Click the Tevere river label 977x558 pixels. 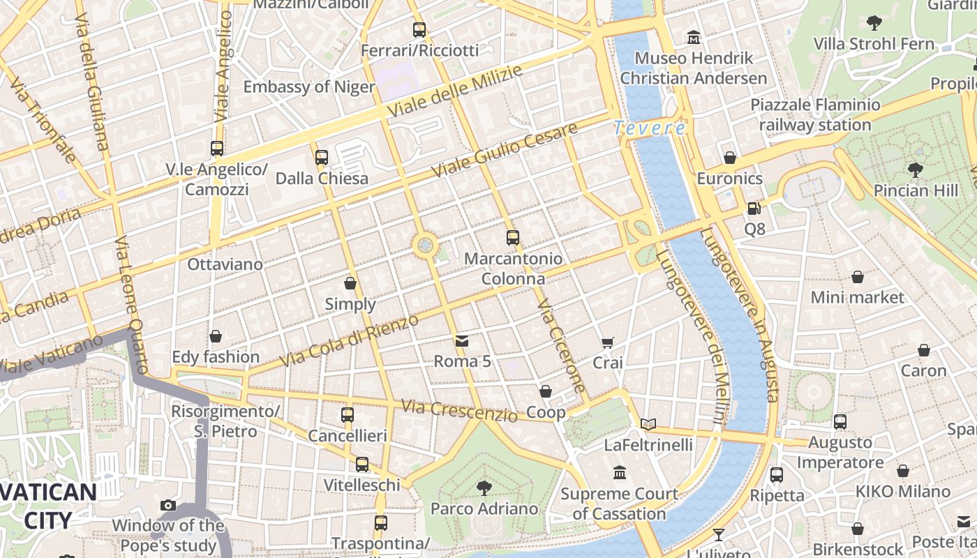650,128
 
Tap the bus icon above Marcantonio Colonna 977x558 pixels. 513,237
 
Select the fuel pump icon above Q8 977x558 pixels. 754,208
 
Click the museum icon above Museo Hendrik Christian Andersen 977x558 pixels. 694,36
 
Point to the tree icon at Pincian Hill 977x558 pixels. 915,169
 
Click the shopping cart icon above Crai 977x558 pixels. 608,342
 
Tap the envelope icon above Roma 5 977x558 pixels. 462,340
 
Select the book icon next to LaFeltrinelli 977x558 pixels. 648,424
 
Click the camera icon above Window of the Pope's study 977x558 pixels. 168,505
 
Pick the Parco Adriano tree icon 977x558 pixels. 484,488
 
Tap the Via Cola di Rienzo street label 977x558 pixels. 349,341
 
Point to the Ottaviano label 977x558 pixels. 225,264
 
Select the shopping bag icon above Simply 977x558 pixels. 350,283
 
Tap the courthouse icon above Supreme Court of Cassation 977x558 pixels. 620,474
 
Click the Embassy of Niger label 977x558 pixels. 308,87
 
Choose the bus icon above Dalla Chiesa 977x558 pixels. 322,158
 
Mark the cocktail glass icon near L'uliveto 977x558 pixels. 719,535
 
